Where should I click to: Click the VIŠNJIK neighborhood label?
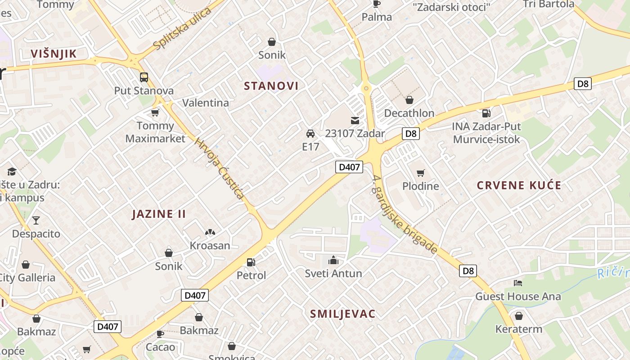tap(54, 54)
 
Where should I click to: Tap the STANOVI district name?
tap(271, 86)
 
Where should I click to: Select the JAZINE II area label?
tap(159, 214)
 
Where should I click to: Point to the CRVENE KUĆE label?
tap(519, 185)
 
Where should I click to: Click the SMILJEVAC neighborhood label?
tap(342, 314)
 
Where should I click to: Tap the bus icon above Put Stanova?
tap(144, 77)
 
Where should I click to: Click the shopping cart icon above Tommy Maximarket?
tap(155, 112)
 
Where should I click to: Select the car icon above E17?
tap(310, 134)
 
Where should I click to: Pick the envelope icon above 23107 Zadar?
tap(355, 121)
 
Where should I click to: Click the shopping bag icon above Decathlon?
tap(409, 100)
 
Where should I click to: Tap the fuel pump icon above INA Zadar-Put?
tap(486, 113)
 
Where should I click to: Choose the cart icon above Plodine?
tap(421, 173)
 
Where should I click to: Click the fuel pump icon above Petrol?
tap(251, 262)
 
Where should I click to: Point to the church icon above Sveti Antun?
tap(333, 260)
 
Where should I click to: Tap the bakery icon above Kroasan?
tap(210, 233)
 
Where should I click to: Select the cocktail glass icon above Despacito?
tap(36, 220)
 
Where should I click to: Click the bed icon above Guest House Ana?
tap(518, 283)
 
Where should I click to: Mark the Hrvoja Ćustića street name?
tap(219, 168)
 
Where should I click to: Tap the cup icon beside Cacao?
tap(160, 334)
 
